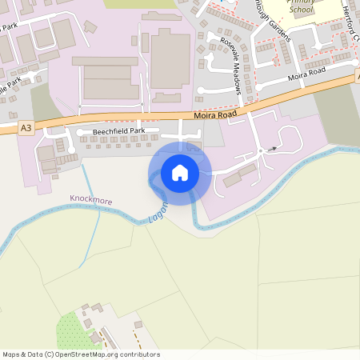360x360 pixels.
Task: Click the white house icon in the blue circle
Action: click(x=180, y=172)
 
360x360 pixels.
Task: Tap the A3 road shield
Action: click(x=27, y=126)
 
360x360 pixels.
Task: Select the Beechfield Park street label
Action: click(x=118, y=130)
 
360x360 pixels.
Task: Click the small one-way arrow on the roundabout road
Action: click(x=273, y=148)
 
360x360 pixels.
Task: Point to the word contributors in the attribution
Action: click(x=141, y=354)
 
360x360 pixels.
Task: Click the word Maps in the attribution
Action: click(x=11, y=354)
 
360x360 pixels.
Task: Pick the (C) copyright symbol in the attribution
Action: click(x=50, y=354)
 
